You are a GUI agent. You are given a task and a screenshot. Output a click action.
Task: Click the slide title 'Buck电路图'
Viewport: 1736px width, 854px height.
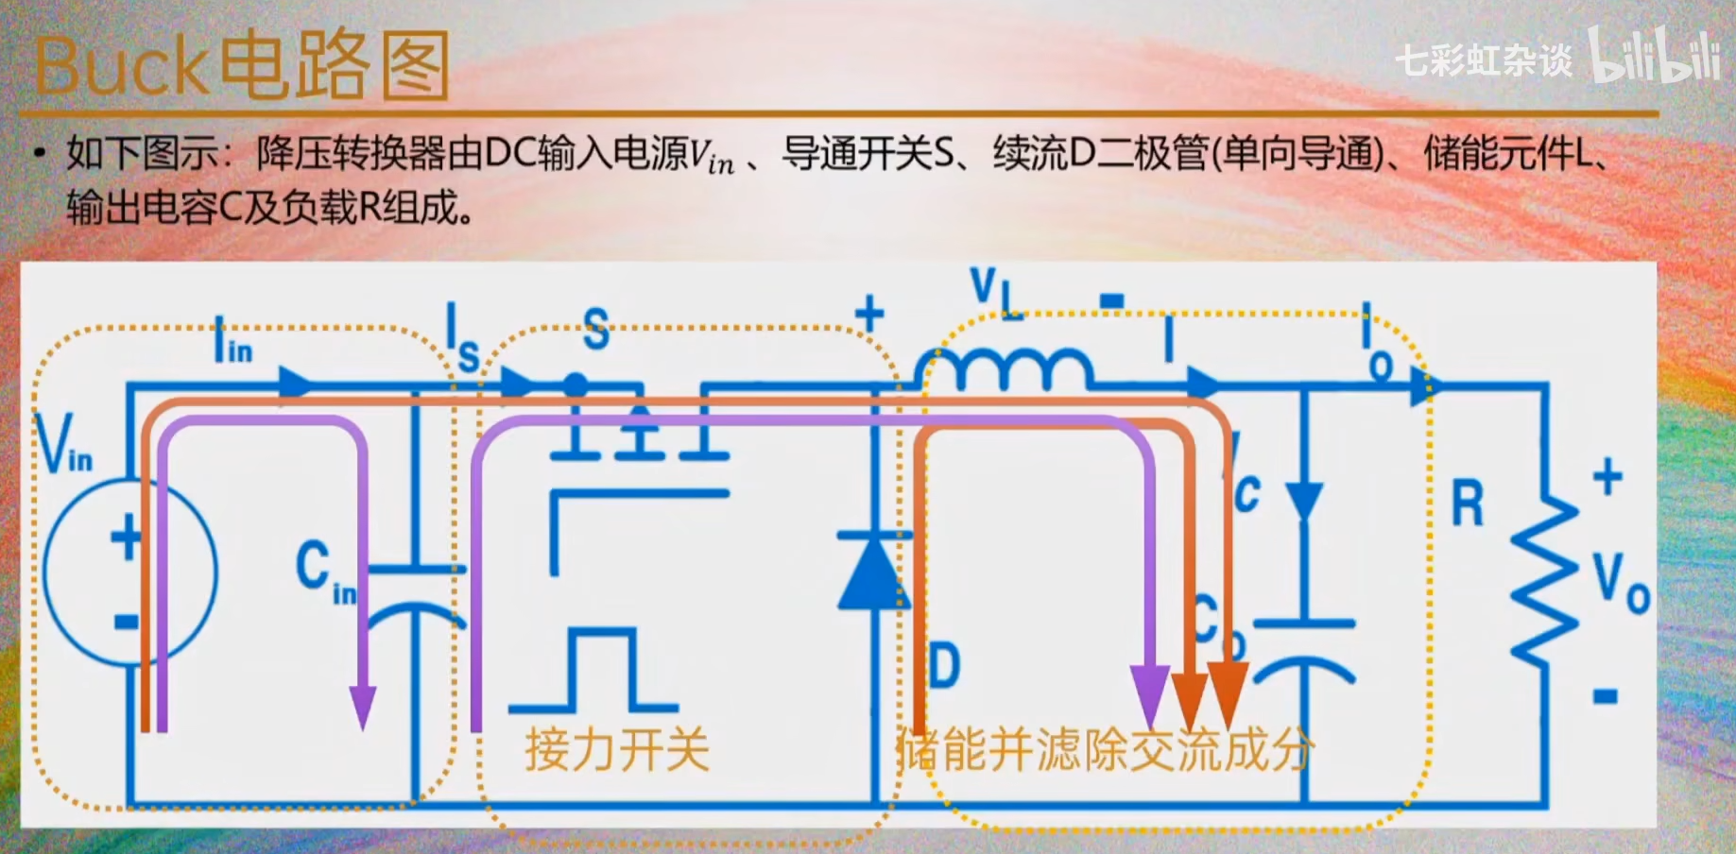tap(241, 66)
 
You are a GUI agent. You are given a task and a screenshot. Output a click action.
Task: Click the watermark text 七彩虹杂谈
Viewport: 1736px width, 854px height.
tap(1484, 60)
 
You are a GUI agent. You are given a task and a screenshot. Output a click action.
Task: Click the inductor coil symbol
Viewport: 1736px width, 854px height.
tap(1004, 368)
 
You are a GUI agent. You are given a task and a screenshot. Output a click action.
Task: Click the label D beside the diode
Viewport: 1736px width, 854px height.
tap(943, 666)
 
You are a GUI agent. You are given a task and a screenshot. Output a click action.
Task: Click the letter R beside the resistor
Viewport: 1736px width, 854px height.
tap(1468, 504)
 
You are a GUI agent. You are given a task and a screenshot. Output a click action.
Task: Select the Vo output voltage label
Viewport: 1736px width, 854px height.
tap(1620, 581)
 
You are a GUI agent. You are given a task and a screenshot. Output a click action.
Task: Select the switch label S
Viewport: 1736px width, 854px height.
tap(595, 329)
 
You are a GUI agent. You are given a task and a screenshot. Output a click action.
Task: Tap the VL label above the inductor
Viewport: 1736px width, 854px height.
tap(995, 291)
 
